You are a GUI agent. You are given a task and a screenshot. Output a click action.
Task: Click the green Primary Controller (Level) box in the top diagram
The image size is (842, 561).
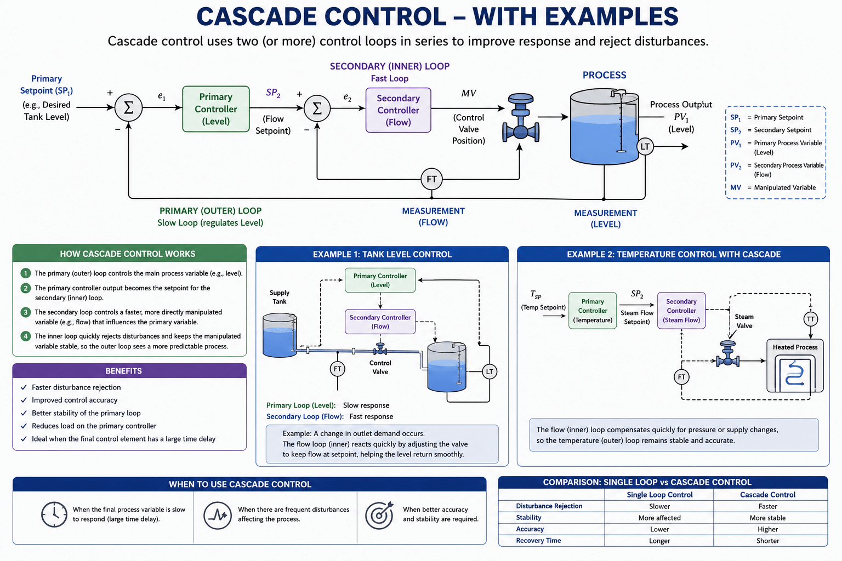coord(216,109)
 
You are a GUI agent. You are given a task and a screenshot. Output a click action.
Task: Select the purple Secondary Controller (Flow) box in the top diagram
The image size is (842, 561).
coord(398,110)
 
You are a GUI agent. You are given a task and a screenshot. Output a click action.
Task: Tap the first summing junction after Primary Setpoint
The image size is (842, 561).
coord(129,108)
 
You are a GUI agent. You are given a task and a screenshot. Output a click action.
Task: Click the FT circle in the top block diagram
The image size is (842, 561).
coord(431,179)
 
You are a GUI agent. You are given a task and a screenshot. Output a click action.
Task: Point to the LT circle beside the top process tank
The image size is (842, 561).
coord(645,146)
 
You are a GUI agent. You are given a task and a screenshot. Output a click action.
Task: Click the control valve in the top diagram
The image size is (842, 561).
coord(521,118)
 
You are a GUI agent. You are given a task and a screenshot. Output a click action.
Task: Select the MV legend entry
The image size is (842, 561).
coord(772,187)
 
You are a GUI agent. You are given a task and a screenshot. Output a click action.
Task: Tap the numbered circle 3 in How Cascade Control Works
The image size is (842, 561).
coord(26,312)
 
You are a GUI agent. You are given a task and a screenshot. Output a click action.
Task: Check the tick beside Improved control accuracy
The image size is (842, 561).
coord(24,400)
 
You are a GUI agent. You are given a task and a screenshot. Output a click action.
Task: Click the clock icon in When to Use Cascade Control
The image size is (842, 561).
coord(54,514)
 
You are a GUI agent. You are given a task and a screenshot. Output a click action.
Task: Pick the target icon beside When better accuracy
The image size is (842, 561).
coord(379,515)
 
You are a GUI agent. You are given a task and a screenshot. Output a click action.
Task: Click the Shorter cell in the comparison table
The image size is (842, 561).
coord(767,541)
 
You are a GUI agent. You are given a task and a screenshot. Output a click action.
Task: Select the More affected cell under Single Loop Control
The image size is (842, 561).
coord(659,518)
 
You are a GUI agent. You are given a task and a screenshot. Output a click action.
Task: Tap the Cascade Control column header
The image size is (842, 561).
coord(767,495)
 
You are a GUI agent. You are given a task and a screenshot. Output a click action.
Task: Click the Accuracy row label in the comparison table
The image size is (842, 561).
coord(530,529)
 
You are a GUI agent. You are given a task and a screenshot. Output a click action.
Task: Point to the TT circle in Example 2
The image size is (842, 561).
coord(810,319)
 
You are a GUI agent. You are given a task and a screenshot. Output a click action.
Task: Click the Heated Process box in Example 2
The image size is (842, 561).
coord(795,365)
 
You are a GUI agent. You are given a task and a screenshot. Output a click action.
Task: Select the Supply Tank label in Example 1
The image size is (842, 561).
coord(279,297)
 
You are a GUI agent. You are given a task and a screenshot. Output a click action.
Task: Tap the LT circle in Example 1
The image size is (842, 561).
coord(490,371)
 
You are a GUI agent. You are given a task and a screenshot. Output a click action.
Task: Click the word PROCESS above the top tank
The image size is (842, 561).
coord(605,75)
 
